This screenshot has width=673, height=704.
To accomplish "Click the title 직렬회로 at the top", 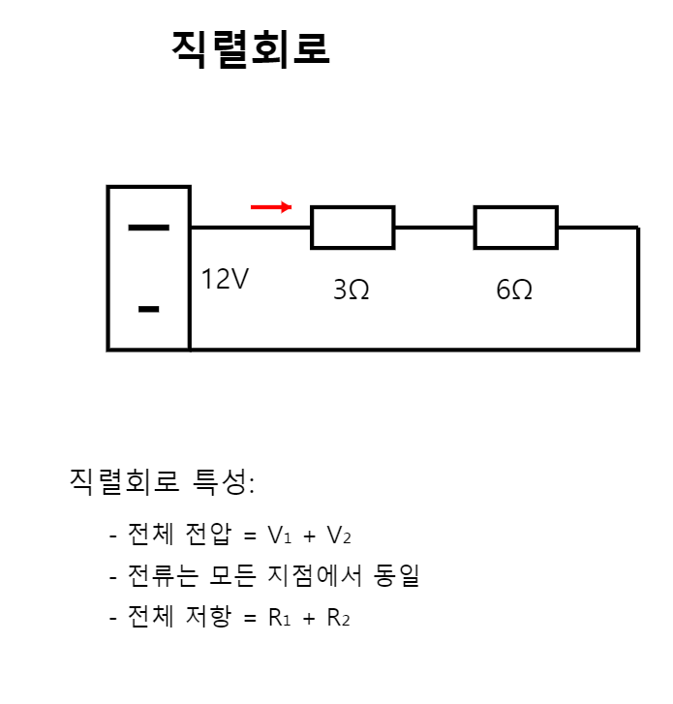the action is coord(250,48).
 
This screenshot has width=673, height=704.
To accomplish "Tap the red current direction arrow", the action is coord(271,206).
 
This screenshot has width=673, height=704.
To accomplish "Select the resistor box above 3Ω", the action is coord(352,228).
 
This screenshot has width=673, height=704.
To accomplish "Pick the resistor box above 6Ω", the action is coord(515,228).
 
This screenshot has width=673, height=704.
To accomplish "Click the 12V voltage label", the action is coord(225,280).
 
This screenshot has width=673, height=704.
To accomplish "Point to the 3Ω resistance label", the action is coord(351,290).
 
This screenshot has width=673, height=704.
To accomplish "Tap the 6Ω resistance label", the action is coord(514,290).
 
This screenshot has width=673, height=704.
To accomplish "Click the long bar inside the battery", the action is coord(148,229).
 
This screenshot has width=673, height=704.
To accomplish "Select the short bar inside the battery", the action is coord(148,310).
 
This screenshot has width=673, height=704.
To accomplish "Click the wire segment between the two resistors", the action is coord(434,228).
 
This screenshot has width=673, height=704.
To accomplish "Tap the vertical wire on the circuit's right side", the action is coord(637,289).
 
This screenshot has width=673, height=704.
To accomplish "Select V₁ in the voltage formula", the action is coord(280,536).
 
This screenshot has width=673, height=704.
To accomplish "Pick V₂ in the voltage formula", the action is coord(339,536).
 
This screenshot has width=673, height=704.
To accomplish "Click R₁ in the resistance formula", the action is coord(280,619).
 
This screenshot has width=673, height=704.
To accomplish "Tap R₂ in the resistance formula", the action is coord(339,619).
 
